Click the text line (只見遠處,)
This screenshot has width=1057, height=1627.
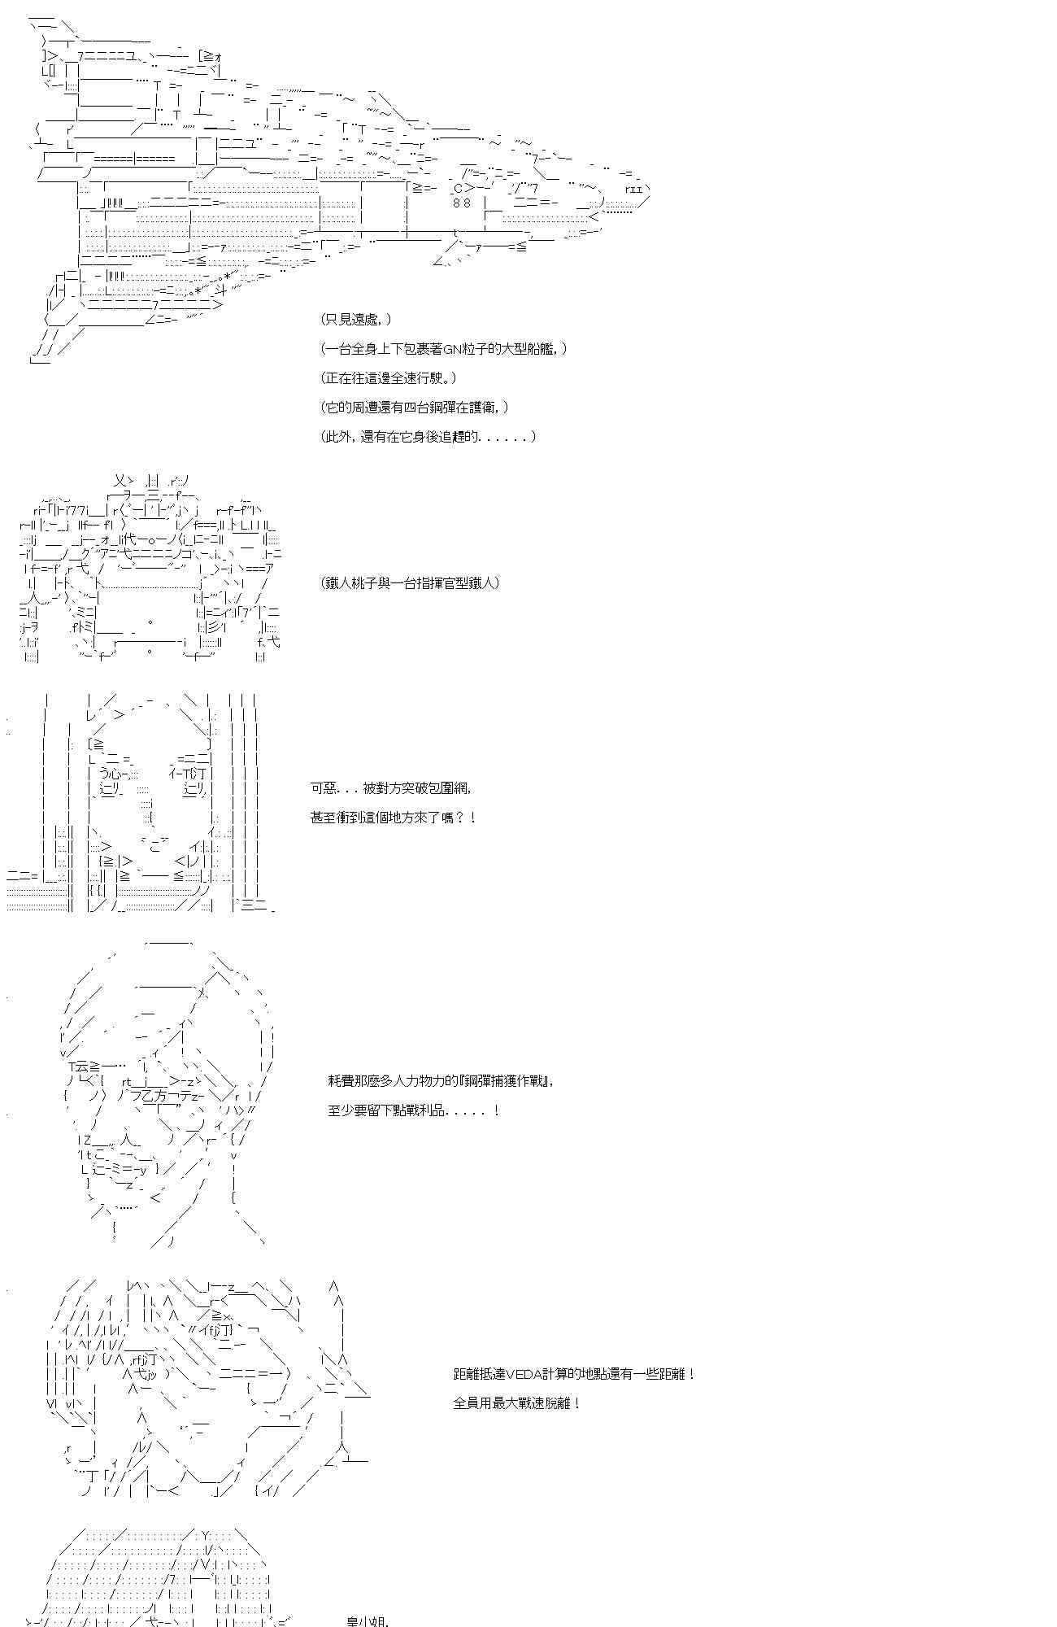(x=356, y=320)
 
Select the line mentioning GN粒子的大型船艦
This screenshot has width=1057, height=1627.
(x=443, y=349)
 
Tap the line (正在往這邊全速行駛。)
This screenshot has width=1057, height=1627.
(x=389, y=378)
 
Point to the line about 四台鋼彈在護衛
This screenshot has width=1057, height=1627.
(x=415, y=408)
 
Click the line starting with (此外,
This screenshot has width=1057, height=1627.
(x=428, y=437)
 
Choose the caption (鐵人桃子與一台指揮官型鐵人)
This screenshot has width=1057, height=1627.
(x=410, y=582)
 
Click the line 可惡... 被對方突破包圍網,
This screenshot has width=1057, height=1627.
(x=390, y=787)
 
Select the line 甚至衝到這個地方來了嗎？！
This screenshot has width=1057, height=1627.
(x=393, y=817)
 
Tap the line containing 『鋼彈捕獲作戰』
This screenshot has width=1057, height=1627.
(x=443, y=1081)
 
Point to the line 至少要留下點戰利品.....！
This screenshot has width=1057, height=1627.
(x=414, y=1110)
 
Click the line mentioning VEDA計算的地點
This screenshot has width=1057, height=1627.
(x=574, y=1374)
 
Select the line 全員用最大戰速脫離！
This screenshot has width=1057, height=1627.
(x=516, y=1403)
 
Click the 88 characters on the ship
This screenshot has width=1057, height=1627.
(x=462, y=203)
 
